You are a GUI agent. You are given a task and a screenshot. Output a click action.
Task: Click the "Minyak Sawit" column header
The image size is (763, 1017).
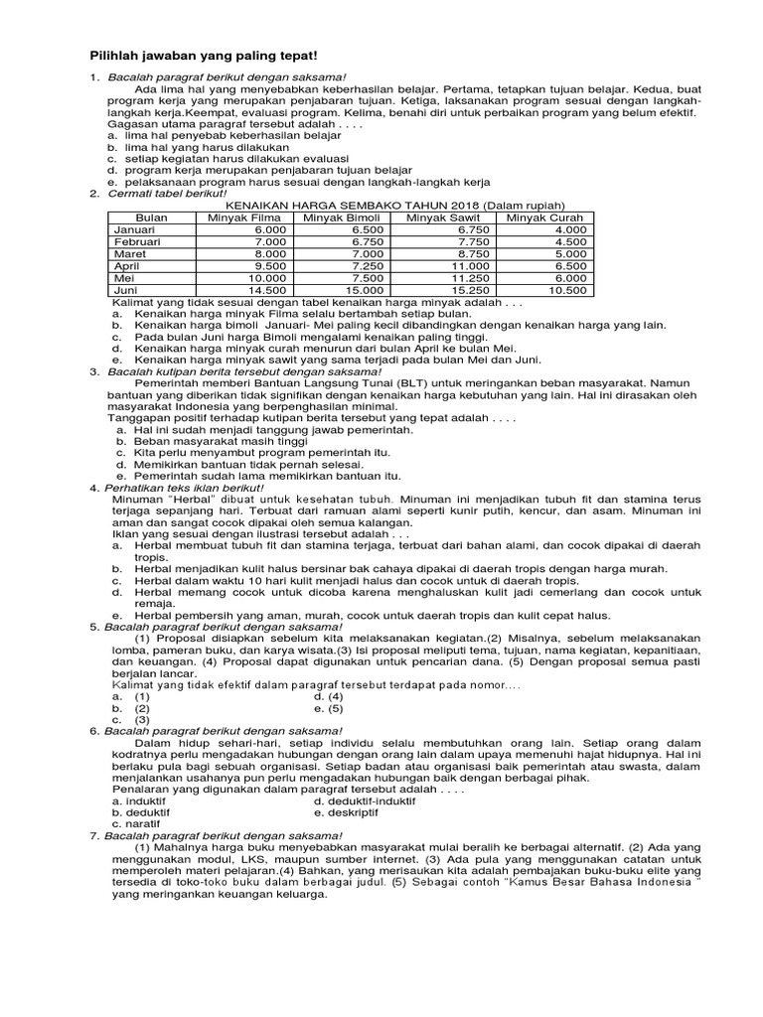445,218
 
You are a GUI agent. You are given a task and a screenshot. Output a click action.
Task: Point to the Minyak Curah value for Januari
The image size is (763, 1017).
570,229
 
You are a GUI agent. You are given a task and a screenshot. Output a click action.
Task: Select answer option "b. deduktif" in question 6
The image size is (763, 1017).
140,811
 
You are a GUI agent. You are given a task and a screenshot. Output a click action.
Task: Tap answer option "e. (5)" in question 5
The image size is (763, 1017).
329,709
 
